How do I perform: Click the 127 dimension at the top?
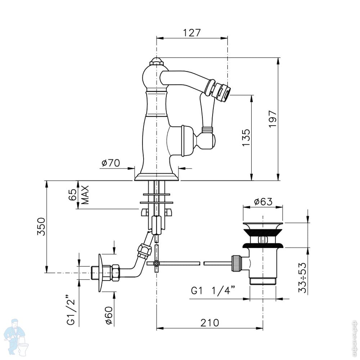192,33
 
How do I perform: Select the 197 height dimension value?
273,119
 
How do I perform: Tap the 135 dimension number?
246,138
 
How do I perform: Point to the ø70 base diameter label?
111,163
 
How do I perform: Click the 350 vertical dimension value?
41,226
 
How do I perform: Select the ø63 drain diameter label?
264,202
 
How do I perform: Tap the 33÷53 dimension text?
302,278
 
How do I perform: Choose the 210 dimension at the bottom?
210,323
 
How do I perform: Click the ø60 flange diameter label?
109,316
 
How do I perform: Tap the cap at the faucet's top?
157,62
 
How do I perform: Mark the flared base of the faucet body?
157,177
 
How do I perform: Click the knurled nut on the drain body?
237,264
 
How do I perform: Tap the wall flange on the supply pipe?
100,273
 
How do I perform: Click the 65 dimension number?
73,195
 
